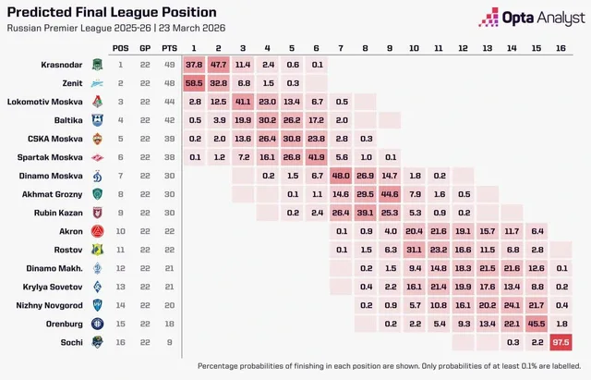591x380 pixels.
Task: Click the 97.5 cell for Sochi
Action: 561,342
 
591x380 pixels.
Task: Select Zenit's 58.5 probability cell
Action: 194,83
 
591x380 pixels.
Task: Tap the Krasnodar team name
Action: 62,65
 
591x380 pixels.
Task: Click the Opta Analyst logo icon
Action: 488,18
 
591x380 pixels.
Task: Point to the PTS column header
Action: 169,48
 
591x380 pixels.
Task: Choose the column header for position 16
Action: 561,48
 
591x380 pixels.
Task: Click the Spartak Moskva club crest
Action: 98,157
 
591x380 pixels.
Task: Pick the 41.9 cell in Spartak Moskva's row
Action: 316,157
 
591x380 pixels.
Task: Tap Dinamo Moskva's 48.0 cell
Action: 341,176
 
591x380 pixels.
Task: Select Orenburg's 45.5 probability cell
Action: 537,324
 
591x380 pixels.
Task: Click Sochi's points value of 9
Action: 170,342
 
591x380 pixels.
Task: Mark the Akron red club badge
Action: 98,231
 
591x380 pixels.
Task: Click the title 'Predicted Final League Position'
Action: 112,12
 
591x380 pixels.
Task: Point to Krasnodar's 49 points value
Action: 170,65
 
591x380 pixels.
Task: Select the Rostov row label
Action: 67,250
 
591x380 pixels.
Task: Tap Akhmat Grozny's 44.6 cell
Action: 390,194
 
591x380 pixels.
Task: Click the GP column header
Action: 145,48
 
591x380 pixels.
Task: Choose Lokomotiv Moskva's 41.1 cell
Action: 243,102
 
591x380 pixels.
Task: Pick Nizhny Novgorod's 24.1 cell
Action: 512,305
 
